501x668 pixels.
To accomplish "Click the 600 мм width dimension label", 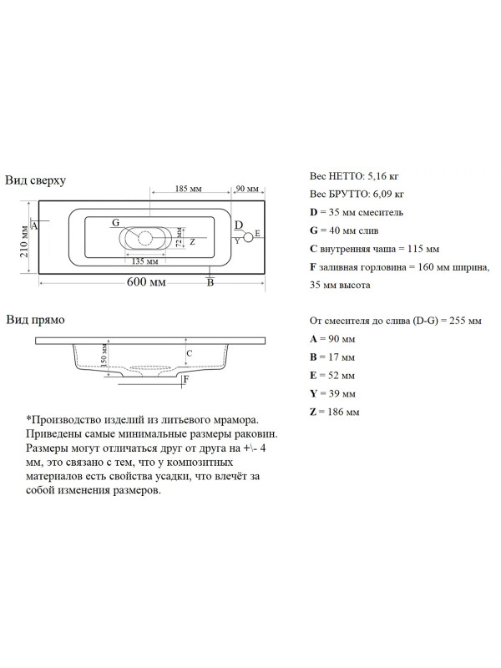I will (146, 281).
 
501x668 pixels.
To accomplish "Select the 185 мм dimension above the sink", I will (188, 190).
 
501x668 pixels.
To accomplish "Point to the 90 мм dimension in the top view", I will (246, 190).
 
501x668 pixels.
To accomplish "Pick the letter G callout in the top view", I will (115, 223).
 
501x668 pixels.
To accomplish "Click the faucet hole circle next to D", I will (247, 236).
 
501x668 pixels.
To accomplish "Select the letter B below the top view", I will (210, 283).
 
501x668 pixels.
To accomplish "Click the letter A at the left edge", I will (34, 225).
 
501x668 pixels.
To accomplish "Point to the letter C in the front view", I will (190, 354).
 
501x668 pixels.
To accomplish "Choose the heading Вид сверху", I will (36, 180).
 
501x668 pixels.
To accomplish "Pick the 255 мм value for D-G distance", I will (463, 321).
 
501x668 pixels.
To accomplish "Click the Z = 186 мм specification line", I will (335, 412).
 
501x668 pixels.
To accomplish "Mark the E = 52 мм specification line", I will (332, 375).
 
